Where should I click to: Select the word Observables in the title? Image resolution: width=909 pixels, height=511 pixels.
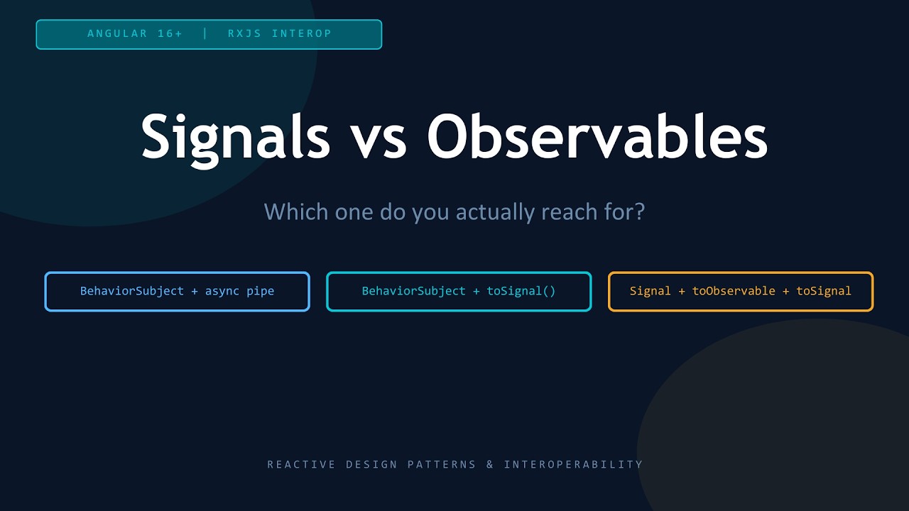tap(597, 136)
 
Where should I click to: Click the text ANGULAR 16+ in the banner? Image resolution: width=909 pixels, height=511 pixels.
tap(135, 33)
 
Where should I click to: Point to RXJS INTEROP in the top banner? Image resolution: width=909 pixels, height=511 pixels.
tap(280, 33)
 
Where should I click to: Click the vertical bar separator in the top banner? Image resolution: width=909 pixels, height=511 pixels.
tap(205, 33)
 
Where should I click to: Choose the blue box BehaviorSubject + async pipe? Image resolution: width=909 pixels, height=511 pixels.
tap(177, 291)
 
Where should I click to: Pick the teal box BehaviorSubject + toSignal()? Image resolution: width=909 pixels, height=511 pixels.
tap(459, 291)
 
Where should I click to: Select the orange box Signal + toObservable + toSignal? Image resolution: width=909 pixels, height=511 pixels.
tap(741, 291)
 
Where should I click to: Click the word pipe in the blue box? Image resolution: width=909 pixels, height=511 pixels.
tap(260, 291)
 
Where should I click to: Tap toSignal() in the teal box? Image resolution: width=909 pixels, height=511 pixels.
tap(521, 291)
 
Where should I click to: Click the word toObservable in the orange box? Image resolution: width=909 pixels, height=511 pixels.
tap(734, 291)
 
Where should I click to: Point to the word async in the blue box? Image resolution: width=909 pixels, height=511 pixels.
tap(222, 291)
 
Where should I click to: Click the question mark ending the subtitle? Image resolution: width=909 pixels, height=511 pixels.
tap(640, 211)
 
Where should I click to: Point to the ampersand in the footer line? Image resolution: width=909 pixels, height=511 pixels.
tap(490, 465)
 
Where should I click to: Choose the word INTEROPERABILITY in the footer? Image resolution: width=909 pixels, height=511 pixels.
tap(573, 465)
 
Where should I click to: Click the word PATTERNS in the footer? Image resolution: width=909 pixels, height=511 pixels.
tap(442, 465)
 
